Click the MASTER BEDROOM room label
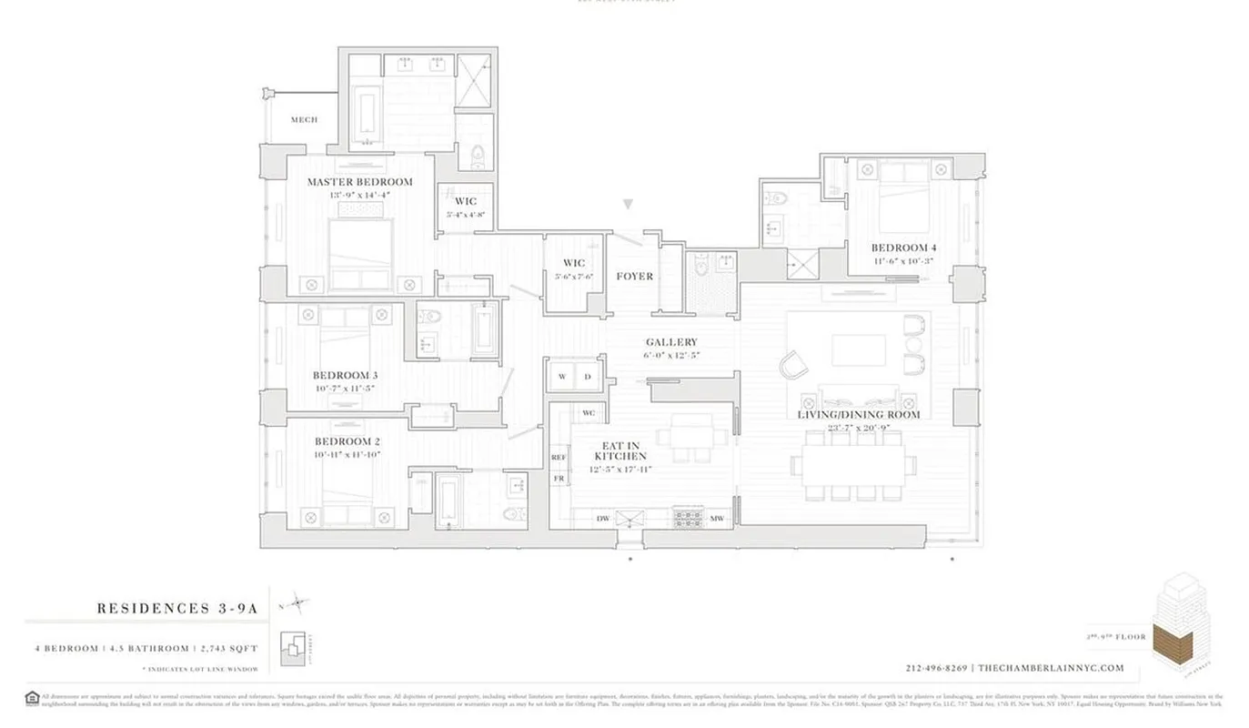(x=359, y=182)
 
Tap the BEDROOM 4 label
(x=903, y=248)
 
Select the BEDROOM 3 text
(x=345, y=375)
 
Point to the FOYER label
(x=634, y=277)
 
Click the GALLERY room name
(x=671, y=342)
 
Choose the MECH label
(x=304, y=120)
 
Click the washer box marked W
(x=562, y=377)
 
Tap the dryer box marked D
(x=588, y=377)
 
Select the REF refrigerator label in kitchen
(x=559, y=457)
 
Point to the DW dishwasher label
(x=602, y=519)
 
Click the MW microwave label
(x=717, y=519)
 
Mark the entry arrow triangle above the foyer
(x=628, y=205)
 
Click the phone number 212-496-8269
(x=937, y=668)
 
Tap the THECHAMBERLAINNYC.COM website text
(x=1051, y=668)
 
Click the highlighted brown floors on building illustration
(x=1172, y=642)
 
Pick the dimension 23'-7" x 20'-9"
(x=858, y=428)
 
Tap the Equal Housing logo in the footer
(x=32, y=699)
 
